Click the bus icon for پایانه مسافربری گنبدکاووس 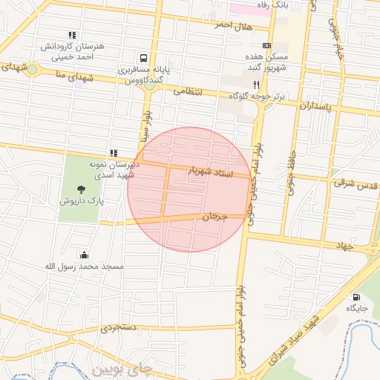pos(142,57)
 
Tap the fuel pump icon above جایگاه pos(357,296)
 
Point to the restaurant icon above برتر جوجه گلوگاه pos(257,84)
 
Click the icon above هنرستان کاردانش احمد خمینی pos(72,35)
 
